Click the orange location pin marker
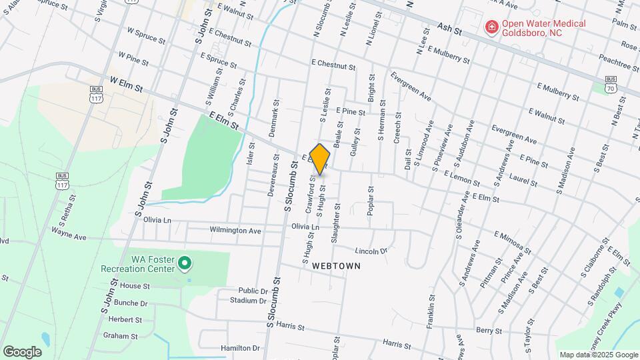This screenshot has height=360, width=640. (320, 159)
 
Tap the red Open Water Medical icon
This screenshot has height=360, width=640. (491, 27)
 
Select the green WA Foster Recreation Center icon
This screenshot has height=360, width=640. (186, 264)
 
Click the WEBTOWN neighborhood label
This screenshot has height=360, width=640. (336, 265)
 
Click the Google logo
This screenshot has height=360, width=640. (22, 351)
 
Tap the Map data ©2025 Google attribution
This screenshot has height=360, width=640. (599, 355)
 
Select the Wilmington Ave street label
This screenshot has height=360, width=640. (235, 231)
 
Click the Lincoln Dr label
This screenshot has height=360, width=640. (371, 251)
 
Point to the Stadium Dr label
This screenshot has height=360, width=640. (248, 301)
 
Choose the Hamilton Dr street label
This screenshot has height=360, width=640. (239, 348)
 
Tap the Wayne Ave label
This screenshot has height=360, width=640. (69, 234)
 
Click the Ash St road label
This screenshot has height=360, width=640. (450, 29)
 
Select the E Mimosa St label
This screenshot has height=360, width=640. (513, 243)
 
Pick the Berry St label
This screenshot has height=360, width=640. (489, 330)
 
